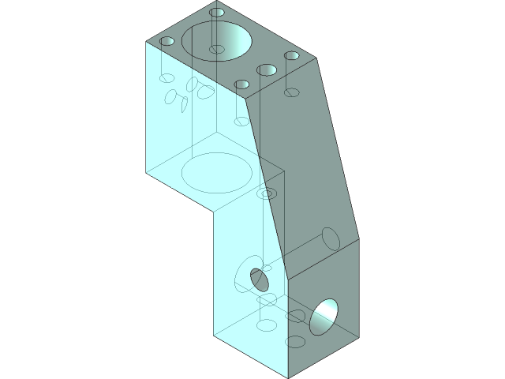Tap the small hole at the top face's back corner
pos(217,13)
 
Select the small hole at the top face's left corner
pos(166,41)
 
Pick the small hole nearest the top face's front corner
pos(242,84)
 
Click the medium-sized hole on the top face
pos(267,70)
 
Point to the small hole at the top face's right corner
pos(292,56)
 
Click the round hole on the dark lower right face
pos(324,317)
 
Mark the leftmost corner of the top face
pos(146,41)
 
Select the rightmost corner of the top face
pos(318,58)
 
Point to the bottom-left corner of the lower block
pos(214,336)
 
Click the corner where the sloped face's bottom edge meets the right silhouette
pos(359,239)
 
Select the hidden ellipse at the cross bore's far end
pos(330,238)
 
